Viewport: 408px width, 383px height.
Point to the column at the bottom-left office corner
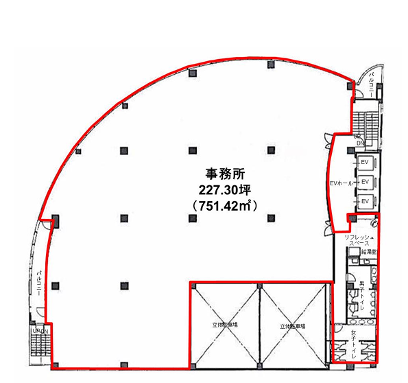point(56,364)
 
